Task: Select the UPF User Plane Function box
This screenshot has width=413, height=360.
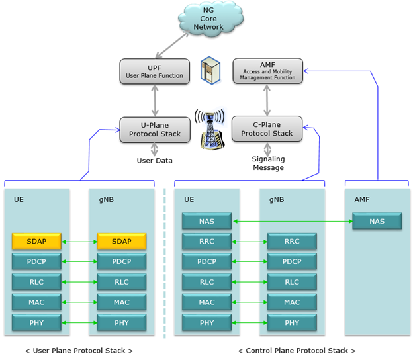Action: (x=155, y=71)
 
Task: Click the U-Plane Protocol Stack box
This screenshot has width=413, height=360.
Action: (x=155, y=129)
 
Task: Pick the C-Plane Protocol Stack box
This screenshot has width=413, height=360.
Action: (x=267, y=129)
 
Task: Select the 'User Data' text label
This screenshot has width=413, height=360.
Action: (x=154, y=161)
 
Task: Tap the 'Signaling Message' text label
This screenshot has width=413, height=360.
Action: (x=267, y=163)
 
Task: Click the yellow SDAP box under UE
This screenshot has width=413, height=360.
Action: (x=36, y=242)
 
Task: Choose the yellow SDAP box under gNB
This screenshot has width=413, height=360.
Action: (x=122, y=242)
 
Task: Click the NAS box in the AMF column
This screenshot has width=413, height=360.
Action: (x=377, y=221)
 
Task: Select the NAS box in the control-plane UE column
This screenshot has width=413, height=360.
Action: (x=206, y=221)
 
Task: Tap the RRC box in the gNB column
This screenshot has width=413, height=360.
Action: (x=292, y=242)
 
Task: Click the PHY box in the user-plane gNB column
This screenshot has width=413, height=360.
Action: (x=122, y=323)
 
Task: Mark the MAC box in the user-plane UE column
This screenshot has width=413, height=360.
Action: (x=36, y=302)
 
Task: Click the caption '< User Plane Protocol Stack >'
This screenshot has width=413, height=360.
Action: (x=79, y=351)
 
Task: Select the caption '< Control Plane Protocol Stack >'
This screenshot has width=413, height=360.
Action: (x=292, y=351)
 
